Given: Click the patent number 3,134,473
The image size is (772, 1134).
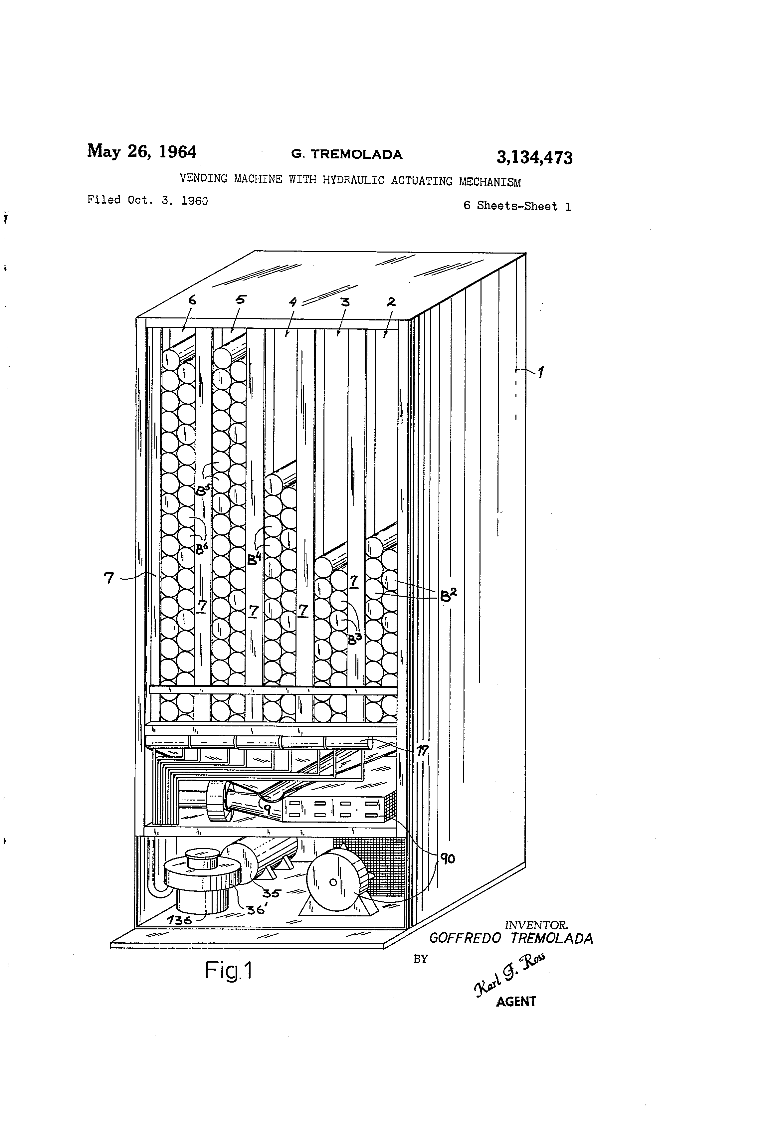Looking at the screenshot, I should [534, 158].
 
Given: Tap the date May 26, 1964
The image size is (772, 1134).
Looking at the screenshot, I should [141, 151].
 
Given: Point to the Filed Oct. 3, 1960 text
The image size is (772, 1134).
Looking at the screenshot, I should [147, 200].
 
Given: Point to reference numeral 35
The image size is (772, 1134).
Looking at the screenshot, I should [271, 893].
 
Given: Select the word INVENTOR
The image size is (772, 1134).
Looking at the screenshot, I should [536, 925].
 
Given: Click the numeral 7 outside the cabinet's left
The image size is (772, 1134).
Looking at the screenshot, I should [109, 578].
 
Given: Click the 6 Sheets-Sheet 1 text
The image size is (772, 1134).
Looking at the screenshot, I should [517, 206].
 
